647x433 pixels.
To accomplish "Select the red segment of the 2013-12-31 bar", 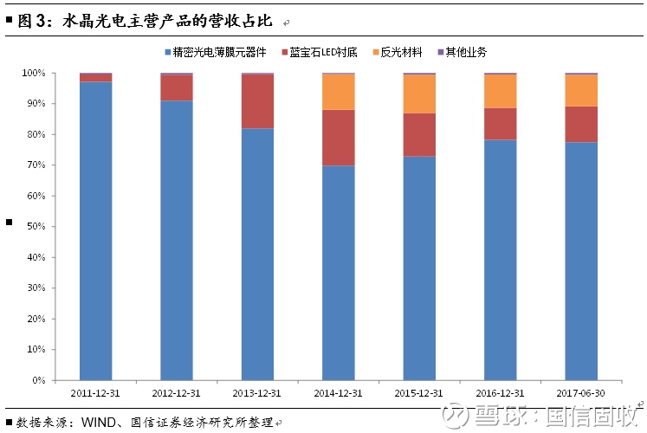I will click(x=257, y=101).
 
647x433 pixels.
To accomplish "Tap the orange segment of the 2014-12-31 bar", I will click(x=339, y=92).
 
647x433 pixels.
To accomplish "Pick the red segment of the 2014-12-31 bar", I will click(x=339, y=138).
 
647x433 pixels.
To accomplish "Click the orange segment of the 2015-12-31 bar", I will click(x=420, y=94).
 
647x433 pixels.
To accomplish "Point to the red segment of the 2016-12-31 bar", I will click(x=501, y=124).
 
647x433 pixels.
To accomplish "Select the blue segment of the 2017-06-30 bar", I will click(x=581, y=261).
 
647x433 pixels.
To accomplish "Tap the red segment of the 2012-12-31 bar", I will click(x=177, y=88).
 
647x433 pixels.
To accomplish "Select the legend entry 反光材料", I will click(x=401, y=53).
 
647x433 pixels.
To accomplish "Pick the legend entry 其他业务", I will click(x=465, y=53).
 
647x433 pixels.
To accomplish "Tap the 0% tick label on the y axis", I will click(x=40, y=380).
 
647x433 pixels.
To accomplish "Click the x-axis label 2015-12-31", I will click(x=419, y=392).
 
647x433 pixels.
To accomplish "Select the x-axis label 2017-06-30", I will click(x=581, y=392).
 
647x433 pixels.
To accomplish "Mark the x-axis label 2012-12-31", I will click(x=177, y=392).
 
